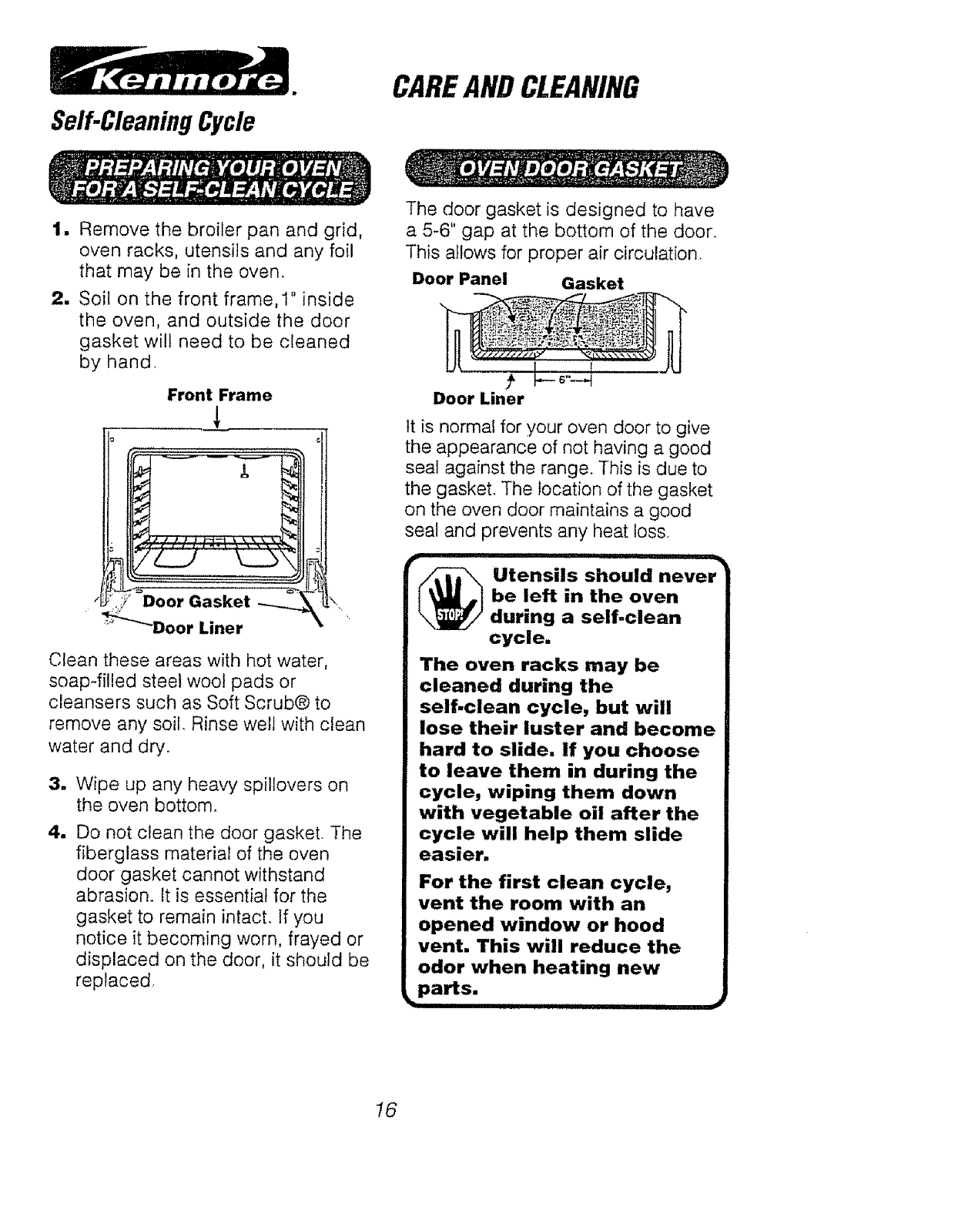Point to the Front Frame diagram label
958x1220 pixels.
coord(219,395)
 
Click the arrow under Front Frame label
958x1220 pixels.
coord(220,418)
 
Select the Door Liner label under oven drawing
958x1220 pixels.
coord(197,627)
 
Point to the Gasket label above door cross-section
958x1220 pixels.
coord(592,283)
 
